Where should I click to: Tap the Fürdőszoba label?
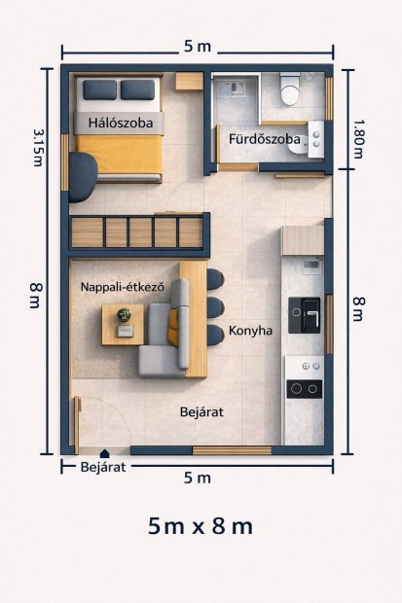[264, 139]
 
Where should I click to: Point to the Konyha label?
[250, 331]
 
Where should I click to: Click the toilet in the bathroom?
[290, 89]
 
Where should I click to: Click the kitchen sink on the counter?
[306, 315]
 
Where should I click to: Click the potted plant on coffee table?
[124, 315]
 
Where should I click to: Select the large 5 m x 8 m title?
[201, 526]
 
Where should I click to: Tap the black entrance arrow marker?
[105, 452]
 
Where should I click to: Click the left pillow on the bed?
[98, 90]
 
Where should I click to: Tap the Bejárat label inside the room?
[201, 412]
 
